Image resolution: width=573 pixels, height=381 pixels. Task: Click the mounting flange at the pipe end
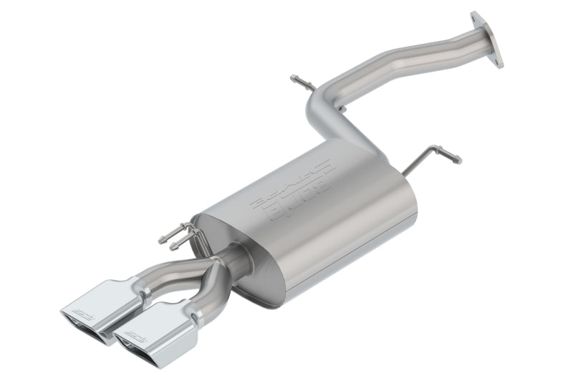pyautogui.click(x=487, y=40)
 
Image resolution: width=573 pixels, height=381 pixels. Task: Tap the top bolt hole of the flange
pyautogui.click(x=475, y=17)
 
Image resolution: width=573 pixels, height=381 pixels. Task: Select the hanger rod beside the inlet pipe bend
pyautogui.click(x=302, y=82)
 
